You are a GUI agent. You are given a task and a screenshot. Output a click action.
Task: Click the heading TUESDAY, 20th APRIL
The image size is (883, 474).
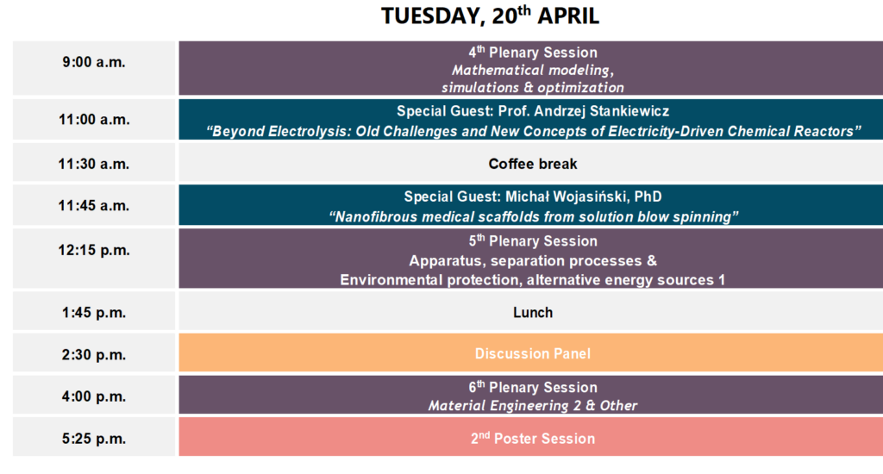click(490, 16)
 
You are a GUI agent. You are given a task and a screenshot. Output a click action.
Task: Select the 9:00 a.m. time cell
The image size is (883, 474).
click(94, 67)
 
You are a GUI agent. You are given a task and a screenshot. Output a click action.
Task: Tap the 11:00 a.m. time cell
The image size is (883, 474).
click(94, 119)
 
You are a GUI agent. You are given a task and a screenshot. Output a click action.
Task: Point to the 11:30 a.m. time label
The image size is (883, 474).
click(94, 164)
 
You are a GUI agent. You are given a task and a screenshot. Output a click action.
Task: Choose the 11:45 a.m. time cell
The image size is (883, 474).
click(94, 205)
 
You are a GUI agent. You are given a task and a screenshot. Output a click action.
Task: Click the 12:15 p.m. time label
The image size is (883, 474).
click(94, 250)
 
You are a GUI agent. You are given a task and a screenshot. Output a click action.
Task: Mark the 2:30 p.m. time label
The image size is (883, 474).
click(94, 355)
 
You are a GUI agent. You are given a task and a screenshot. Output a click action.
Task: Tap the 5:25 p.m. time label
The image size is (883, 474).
click(94, 439)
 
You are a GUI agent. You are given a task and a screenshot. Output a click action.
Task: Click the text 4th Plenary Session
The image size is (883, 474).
click(533, 52)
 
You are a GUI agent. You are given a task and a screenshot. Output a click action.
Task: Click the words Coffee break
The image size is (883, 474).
click(533, 164)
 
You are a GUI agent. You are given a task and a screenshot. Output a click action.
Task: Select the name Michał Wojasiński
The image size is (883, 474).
click(567, 196)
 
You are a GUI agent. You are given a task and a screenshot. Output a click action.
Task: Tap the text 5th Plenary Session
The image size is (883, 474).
click(533, 240)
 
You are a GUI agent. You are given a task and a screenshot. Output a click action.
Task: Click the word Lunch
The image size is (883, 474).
click(533, 313)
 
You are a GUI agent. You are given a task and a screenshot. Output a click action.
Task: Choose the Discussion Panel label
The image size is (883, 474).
click(533, 353)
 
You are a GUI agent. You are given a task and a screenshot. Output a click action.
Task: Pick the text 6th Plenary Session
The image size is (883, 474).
click(533, 387)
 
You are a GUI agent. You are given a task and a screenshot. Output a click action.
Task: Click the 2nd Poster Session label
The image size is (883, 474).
click(533, 438)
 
